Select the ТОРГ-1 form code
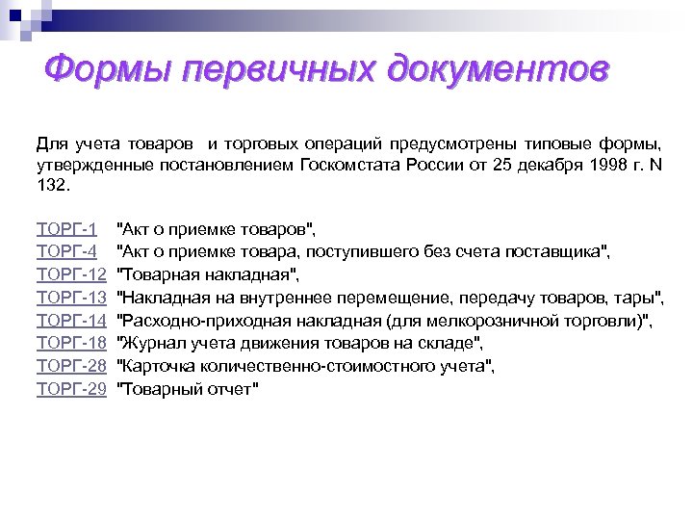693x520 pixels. click(65, 229)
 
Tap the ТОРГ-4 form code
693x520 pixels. click(65, 252)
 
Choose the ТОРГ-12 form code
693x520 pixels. click(70, 275)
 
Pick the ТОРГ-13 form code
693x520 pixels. click(70, 298)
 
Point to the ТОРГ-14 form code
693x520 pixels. click(70, 321)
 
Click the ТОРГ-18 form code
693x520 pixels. click(70, 343)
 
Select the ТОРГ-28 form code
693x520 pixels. click(70, 366)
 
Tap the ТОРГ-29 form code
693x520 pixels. click(70, 389)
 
